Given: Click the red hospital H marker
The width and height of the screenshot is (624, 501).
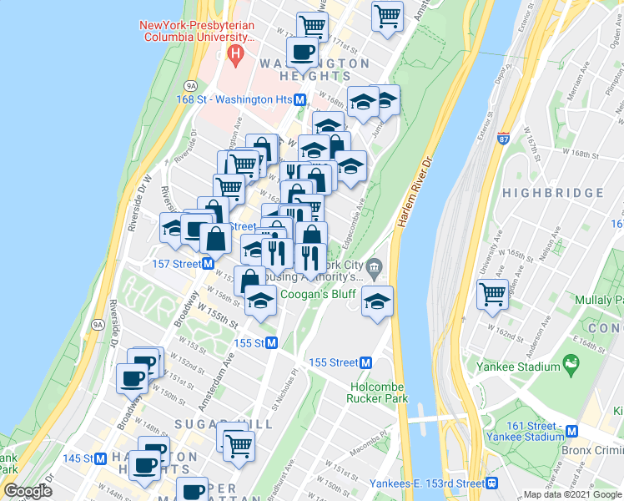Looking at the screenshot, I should click(x=236, y=56).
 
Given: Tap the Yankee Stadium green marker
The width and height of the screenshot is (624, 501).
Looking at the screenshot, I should click(x=571, y=363).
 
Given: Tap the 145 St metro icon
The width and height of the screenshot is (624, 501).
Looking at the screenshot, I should click(x=101, y=458).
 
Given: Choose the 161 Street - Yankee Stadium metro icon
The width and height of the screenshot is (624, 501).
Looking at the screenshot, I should click(x=572, y=431).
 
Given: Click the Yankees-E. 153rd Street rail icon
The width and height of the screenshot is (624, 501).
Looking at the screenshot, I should click(x=492, y=483).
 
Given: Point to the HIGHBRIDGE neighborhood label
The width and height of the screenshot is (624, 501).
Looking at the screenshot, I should click(x=553, y=193).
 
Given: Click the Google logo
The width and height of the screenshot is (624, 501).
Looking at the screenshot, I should click(x=28, y=491).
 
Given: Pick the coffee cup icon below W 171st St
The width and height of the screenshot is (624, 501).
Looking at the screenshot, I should click(x=302, y=53).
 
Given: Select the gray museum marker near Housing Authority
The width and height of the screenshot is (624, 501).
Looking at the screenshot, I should click(x=375, y=267).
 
